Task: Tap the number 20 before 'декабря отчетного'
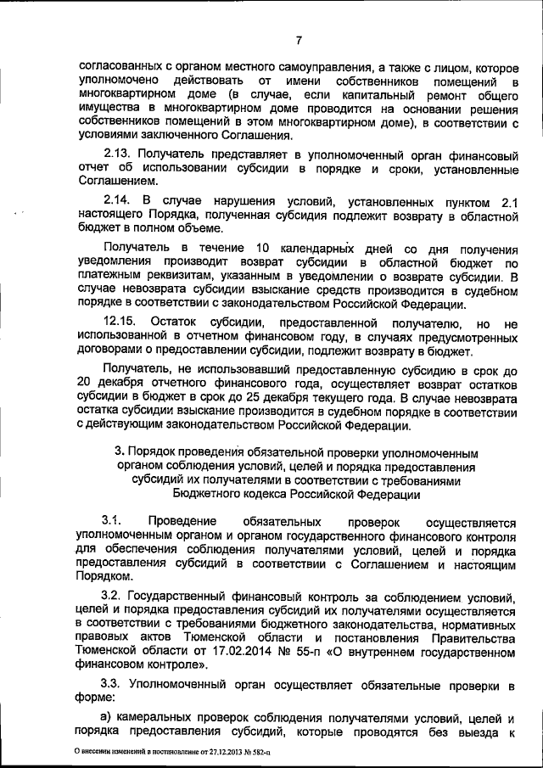(84, 382)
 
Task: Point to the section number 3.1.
(113, 519)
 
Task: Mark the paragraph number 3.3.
(113, 683)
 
